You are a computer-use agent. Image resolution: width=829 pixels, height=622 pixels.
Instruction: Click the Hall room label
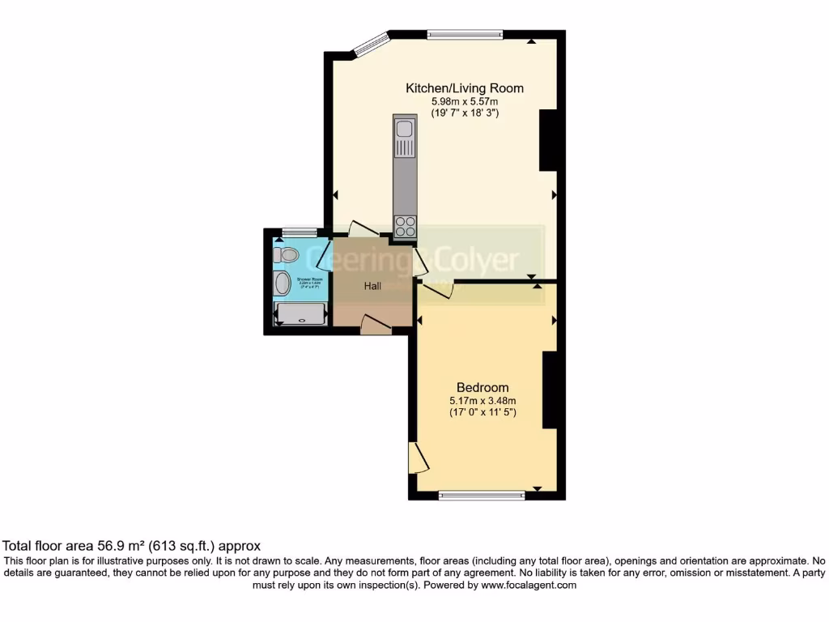pos(372,286)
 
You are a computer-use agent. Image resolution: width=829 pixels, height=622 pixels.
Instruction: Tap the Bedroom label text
pos(483,386)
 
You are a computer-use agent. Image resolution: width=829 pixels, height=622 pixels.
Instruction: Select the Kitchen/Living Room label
pos(464,88)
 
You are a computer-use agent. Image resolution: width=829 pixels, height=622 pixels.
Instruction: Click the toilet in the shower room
pos(286,255)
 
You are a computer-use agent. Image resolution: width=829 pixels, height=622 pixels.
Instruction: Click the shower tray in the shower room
pos(302,313)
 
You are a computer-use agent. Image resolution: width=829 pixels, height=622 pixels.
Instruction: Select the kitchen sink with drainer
pos(404,138)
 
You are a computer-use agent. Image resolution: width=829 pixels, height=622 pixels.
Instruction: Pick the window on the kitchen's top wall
pos(465,34)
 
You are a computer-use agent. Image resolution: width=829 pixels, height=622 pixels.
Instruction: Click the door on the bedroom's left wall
pos(417,457)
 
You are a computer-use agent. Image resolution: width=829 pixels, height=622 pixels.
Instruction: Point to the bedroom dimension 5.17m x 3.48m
pos(483,400)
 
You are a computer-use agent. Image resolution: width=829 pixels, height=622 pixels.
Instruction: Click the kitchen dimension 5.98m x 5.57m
pos(464,102)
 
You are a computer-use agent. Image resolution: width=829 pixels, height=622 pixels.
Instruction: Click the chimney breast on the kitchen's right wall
pos(549,139)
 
